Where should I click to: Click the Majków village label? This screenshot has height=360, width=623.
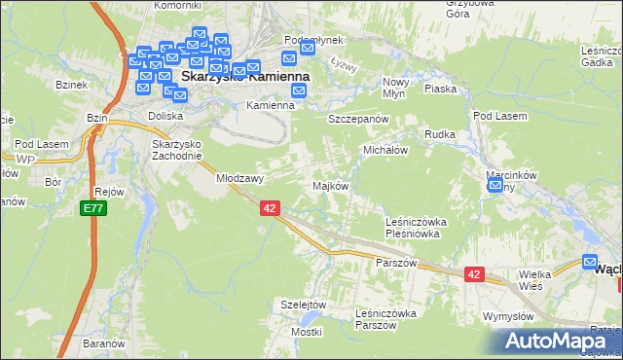click(x=329, y=186)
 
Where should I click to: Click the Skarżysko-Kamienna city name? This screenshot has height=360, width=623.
click(x=245, y=75)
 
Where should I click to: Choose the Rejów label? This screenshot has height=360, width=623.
click(x=110, y=192)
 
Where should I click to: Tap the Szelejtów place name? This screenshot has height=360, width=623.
click(x=302, y=305)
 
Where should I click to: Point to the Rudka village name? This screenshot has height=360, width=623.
click(x=440, y=134)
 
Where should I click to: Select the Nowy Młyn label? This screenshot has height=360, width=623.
click(x=395, y=89)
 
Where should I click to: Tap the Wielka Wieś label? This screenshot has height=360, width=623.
click(x=535, y=281)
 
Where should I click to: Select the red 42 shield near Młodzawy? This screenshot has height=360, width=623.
click(x=271, y=208)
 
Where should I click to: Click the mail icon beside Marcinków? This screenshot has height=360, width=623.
click(x=495, y=186)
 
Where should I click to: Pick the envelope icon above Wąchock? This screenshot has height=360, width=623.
click(x=590, y=261)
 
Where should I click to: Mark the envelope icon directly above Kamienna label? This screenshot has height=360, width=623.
click(x=299, y=91)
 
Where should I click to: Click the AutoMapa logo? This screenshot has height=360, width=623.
click(x=558, y=342)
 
